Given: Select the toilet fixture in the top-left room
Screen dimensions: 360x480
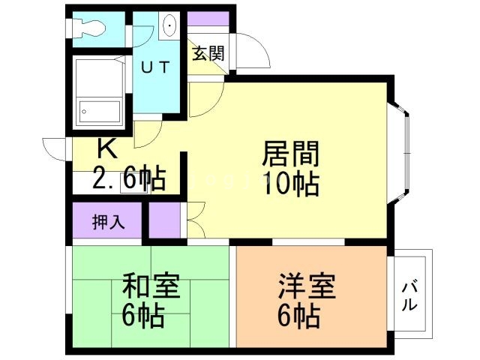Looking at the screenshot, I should pyautogui.click(x=88, y=28).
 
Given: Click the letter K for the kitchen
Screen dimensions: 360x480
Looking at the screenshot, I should pyautogui.click(x=106, y=148).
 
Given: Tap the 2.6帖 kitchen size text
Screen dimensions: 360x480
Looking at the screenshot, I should pyautogui.click(x=129, y=178).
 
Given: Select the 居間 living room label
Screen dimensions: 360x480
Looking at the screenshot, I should pyautogui.click(x=290, y=155).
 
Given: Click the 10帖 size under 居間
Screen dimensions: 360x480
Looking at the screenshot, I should pyautogui.click(x=290, y=182).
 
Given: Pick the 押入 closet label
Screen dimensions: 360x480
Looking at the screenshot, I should pyautogui.click(x=108, y=222).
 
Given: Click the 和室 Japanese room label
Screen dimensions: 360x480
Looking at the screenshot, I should pyautogui.click(x=151, y=286).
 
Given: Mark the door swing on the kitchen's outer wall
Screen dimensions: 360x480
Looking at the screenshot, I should pyautogui.click(x=57, y=147).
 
